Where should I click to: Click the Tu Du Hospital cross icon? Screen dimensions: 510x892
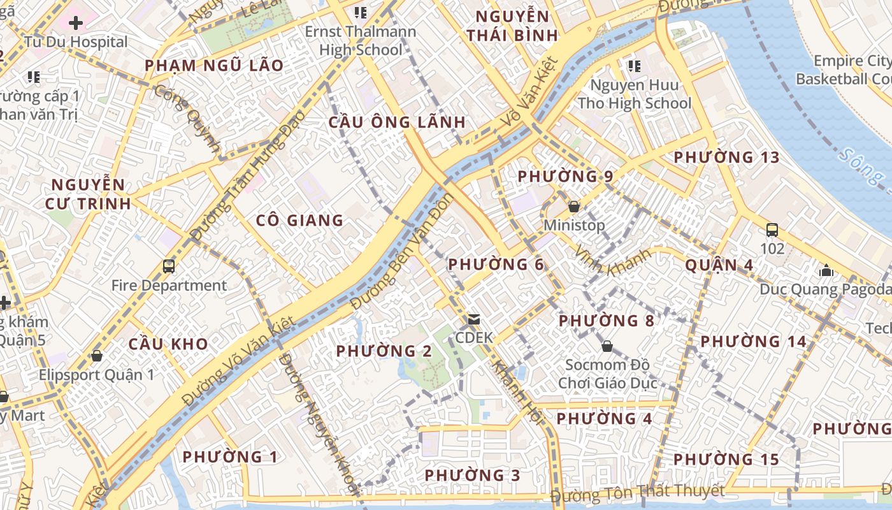(x=76, y=24)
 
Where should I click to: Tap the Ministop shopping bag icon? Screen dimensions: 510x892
(x=573, y=207)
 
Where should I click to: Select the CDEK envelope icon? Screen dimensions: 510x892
(x=473, y=319)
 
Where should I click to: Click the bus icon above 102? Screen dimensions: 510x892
(x=772, y=229)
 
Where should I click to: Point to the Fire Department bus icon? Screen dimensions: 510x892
(x=169, y=266)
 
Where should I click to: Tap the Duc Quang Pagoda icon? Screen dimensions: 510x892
(x=826, y=270)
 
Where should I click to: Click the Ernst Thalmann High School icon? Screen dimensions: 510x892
(x=361, y=12)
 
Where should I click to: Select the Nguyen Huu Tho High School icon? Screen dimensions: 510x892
(x=634, y=66)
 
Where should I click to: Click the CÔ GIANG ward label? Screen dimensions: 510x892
(x=299, y=221)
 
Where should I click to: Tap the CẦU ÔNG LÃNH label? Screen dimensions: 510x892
(x=397, y=122)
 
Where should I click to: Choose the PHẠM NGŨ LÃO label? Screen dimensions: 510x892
(x=213, y=66)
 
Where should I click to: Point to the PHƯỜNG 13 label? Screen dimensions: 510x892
(x=726, y=157)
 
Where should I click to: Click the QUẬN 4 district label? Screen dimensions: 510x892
(x=719, y=265)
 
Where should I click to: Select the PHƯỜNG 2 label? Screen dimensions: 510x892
(x=384, y=351)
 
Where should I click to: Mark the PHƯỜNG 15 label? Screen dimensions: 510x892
(x=726, y=460)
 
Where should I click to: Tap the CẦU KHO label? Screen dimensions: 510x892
(x=168, y=344)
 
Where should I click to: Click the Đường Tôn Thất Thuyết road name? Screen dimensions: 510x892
(x=637, y=493)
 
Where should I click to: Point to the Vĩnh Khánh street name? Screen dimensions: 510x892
(x=612, y=263)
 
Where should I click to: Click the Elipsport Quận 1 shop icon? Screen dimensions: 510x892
(x=97, y=355)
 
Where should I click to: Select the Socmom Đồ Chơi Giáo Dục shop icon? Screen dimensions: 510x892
(x=607, y=346)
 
